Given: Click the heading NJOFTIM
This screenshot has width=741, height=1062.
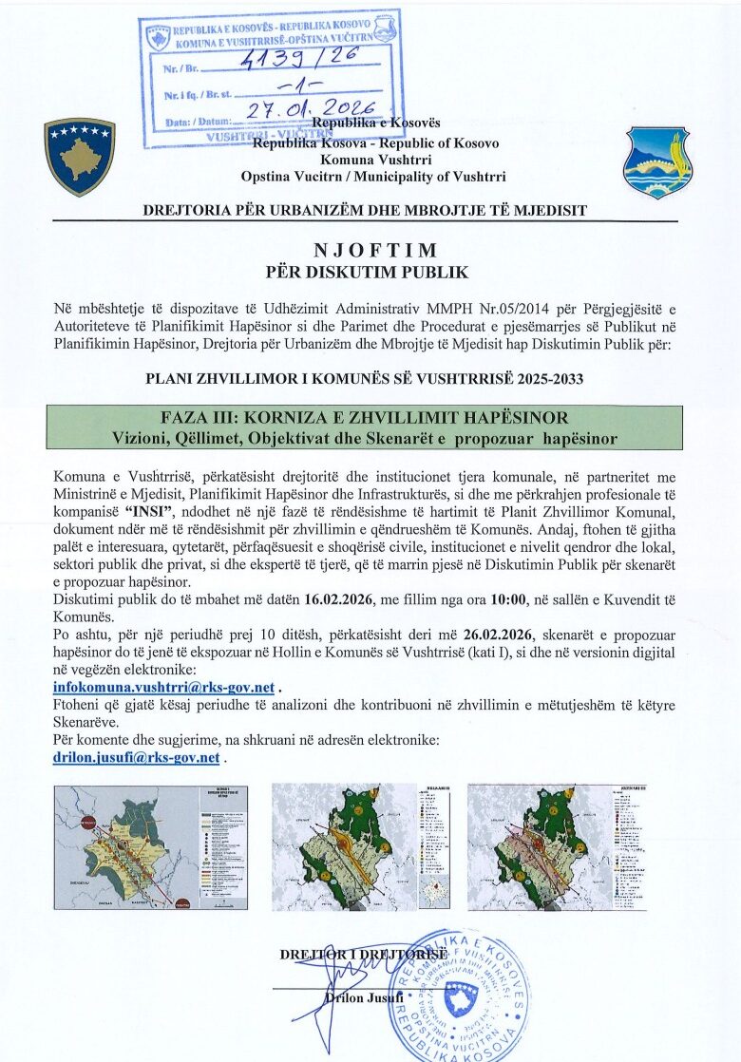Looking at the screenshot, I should click(x=375, y=251).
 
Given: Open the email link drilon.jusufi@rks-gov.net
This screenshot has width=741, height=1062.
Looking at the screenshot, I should click(x=137, y=758).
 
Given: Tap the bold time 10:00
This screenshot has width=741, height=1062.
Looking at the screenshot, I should click(x=515, y=600).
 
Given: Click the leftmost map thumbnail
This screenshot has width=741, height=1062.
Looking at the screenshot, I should click(x=151, y=846).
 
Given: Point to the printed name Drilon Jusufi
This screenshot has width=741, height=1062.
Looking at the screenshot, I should click(x=365, y=996).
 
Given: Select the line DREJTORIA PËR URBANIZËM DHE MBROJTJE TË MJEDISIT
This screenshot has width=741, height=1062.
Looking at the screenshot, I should click(x=365, y=210).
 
